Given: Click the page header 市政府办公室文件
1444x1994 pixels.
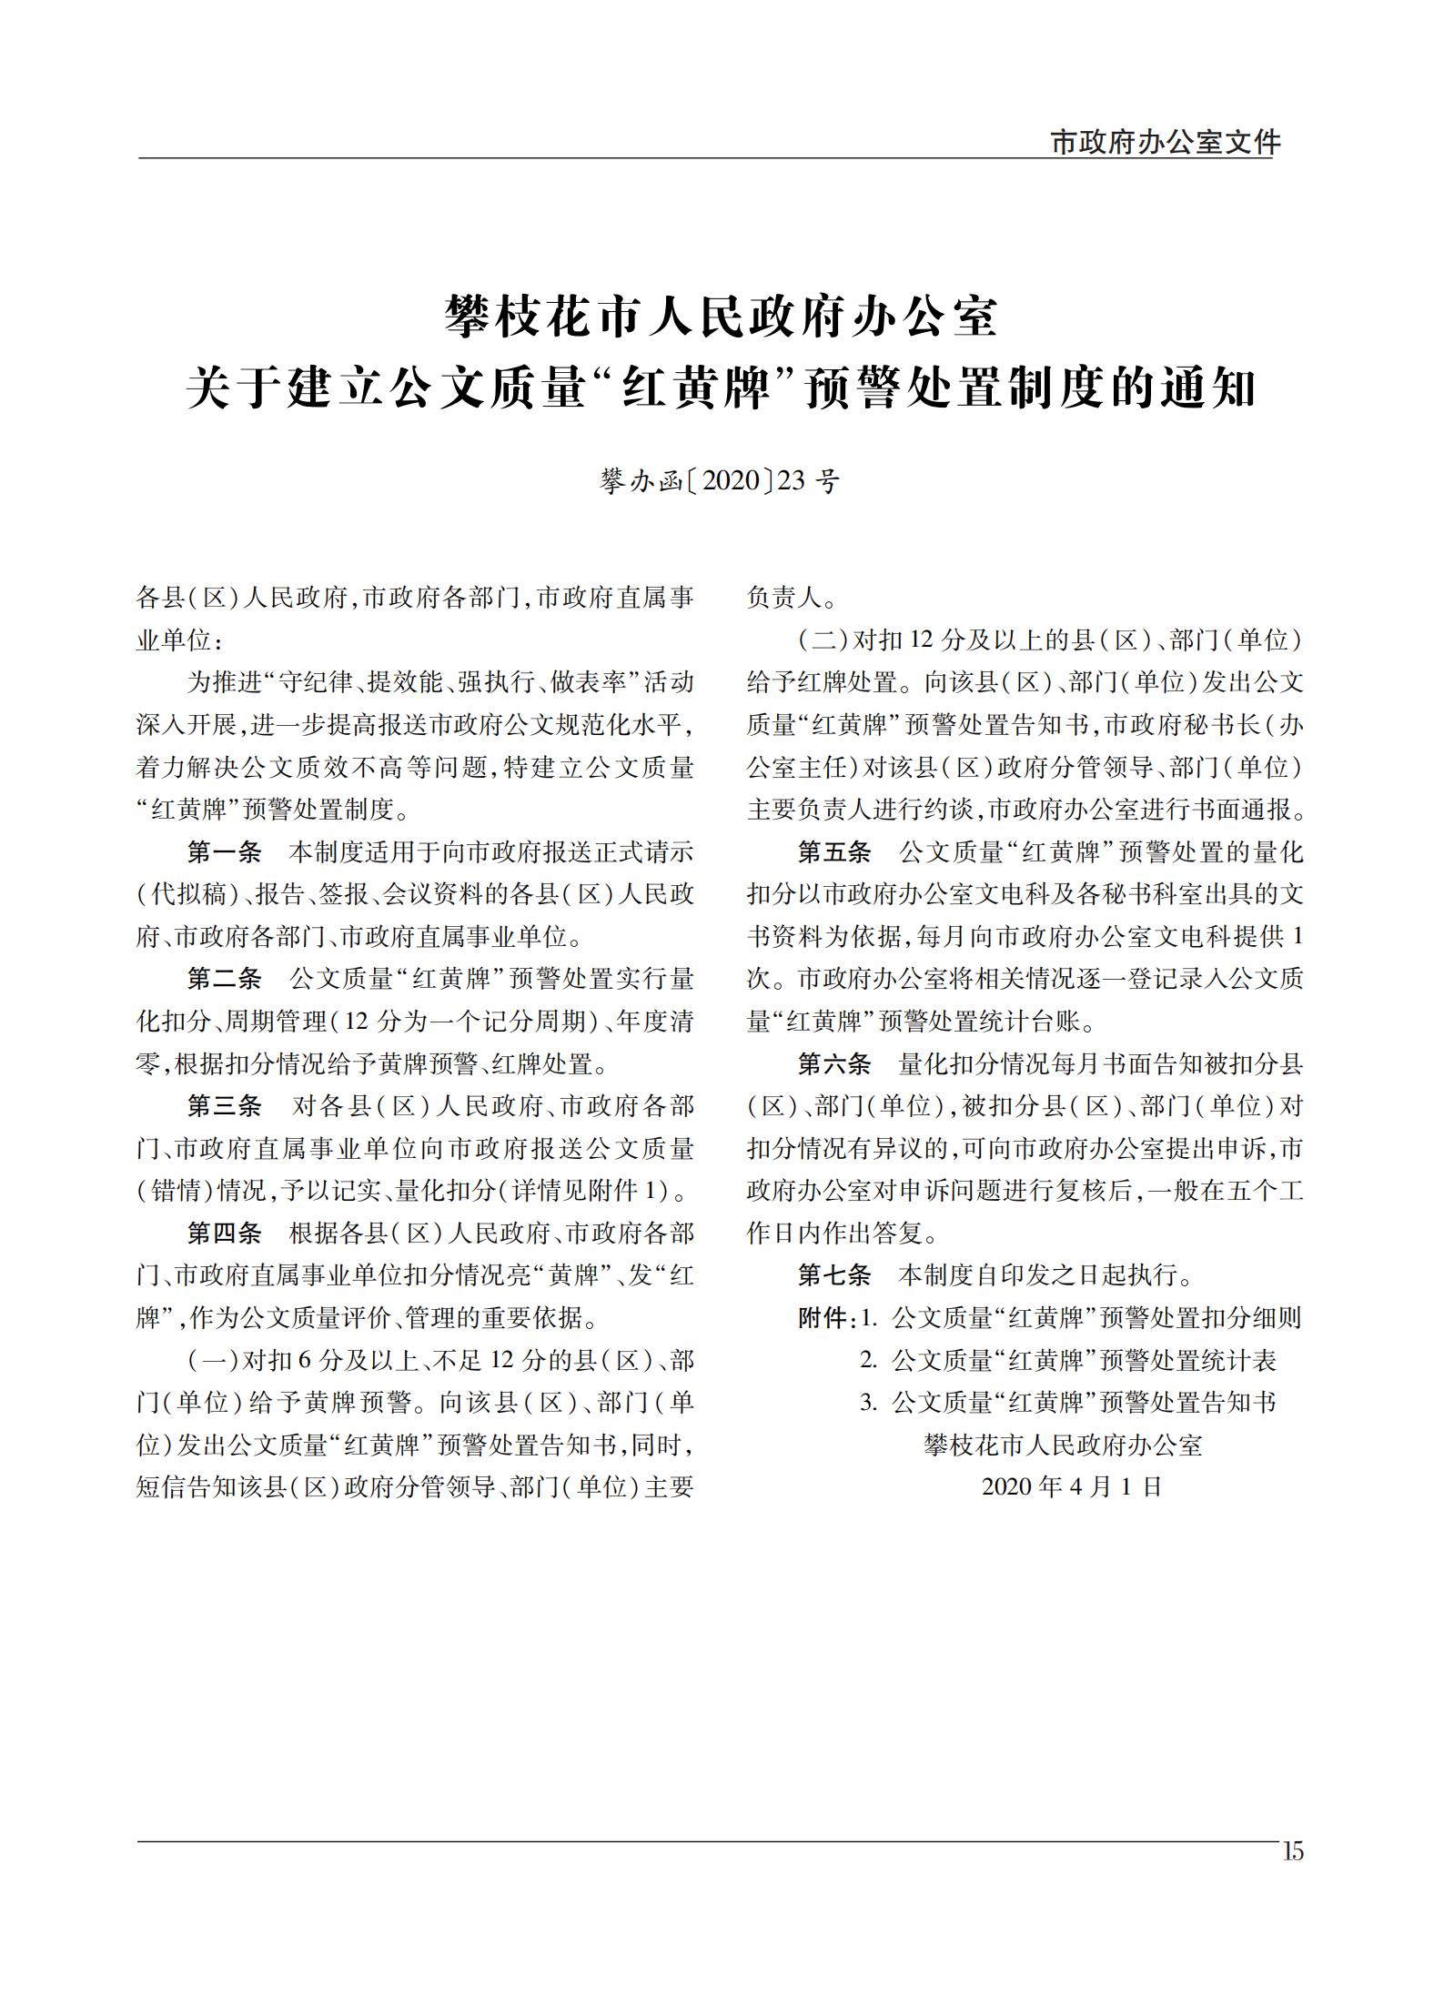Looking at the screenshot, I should [x=1165, y=142].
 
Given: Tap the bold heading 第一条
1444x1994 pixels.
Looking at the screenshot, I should [x=224, y=852].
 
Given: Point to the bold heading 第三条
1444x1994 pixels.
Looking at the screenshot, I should [x=224, y=1106].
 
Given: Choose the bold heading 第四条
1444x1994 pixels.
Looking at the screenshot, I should [x=224, y=1234].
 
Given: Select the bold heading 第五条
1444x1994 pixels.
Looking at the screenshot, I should [x=834, y=852].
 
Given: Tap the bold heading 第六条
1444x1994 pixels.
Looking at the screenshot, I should [x=834, y=1064].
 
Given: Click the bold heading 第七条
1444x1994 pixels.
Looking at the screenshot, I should [x=834, y=1275].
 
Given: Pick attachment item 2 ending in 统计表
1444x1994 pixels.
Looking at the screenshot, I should [x=1069, y=1361].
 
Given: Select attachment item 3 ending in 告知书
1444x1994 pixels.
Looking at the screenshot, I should [x=1069, y=1403].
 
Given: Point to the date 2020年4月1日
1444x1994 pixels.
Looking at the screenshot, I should [x=1073, y=1487].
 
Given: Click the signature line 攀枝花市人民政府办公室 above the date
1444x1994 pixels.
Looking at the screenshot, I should [x=1063, y=1445].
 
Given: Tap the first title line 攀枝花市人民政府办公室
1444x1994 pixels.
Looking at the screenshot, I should [x=722, y=317].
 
